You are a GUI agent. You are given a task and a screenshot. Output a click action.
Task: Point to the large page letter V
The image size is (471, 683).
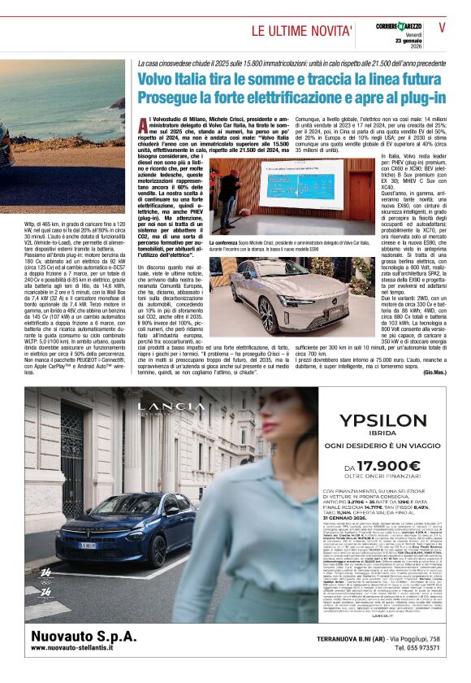443,28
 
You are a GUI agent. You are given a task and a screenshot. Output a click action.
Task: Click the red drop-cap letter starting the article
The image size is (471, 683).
143,124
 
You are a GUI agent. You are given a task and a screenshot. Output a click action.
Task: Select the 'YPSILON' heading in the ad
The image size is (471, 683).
374,420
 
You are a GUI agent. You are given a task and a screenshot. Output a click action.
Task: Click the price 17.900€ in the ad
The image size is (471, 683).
379,470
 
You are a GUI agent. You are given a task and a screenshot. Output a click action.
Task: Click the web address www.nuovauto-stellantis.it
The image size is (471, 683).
83,650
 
